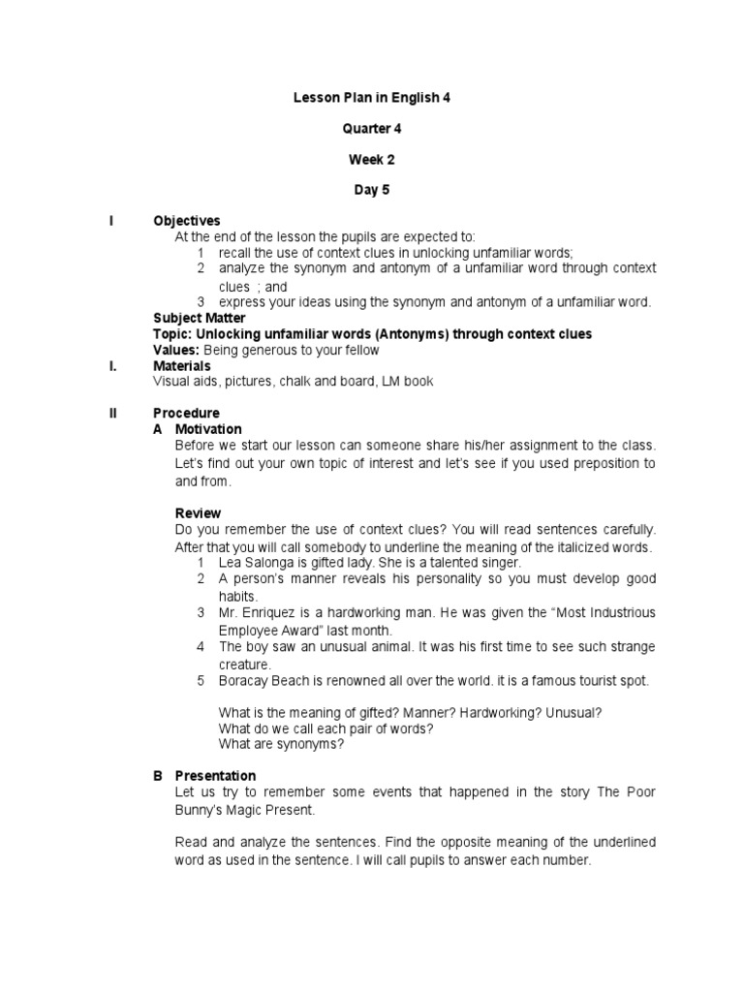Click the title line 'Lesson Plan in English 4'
coord(372,98)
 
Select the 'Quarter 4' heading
coord(372,129)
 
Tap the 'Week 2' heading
coord(372,160)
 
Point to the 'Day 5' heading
coord(372,191)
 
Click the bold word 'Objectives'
coord(187,221)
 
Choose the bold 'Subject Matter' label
coord(200,318)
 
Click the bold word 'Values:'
coord(176,350)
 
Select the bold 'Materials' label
coord(182,366)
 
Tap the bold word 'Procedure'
coord(187,413)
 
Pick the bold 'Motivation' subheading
coord(208,429)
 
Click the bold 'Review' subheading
coord(198,512)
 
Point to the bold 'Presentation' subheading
coord(215,776)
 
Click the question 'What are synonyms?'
coord(281,744)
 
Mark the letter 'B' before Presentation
coord(158,776)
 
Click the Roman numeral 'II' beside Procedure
coord(113,413)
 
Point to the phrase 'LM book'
coord(410,382)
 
